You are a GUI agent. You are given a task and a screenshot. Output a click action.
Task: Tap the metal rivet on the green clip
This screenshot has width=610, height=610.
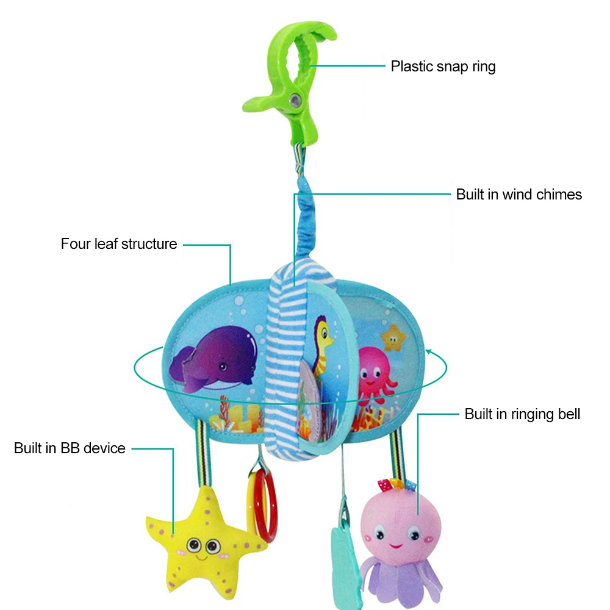click(295, 101)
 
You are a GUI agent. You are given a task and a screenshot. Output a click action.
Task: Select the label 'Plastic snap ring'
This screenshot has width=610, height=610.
click(443, 66)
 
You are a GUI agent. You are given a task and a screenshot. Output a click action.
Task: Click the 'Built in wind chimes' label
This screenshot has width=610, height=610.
click(519, 194)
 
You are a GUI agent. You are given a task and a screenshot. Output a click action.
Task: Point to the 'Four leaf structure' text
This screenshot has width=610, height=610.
click(119, 244)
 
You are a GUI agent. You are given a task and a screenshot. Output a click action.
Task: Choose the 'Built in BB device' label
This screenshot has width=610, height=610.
click(70, 448)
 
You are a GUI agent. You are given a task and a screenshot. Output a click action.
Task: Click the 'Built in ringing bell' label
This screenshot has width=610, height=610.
click(523, 414)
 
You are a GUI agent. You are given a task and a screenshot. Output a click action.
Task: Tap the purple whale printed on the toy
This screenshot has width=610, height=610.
click(213, 359)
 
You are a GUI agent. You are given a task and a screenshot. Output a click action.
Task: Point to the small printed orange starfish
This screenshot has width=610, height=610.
click(393, 338)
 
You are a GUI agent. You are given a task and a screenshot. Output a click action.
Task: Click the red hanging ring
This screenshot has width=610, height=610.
click(265, 506)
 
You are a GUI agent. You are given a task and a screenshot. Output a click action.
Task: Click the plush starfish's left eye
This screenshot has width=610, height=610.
click(193, 545)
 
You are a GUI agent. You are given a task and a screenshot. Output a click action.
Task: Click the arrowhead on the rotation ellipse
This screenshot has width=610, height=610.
click(429, 352)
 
